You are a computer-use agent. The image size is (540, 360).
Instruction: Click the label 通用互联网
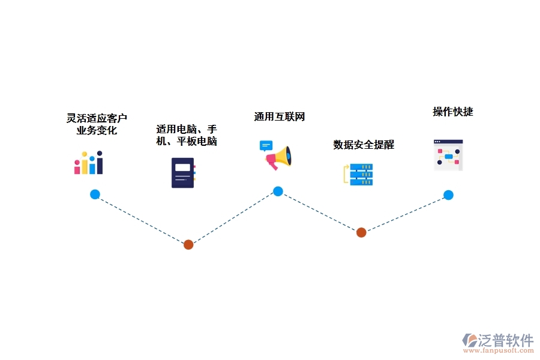point(280,117)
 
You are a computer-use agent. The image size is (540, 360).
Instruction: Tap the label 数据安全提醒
point(364,145)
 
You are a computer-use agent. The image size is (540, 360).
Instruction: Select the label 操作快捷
point(453,112)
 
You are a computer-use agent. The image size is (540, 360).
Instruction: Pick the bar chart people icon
point(89,163)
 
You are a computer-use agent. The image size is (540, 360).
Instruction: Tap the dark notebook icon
point(183,173)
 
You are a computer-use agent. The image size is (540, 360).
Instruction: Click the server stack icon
point(359,174)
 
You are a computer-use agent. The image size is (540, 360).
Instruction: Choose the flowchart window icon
point(448,155)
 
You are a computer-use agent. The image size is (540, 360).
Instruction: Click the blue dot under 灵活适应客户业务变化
point(95,194)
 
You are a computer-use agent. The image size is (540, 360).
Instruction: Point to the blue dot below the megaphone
point(278,191)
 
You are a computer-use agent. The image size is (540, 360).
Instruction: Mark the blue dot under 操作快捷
point(448,195)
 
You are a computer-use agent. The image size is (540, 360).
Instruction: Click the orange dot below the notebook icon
point(188,244)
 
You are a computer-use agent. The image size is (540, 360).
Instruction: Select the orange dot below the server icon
point(361,232)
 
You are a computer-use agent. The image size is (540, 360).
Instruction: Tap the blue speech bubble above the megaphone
point(266,145)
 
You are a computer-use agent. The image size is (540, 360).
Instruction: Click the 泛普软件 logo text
point(505,340)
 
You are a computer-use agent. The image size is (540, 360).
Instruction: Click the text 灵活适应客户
point(97,118)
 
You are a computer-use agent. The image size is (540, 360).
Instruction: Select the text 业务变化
point(97,130)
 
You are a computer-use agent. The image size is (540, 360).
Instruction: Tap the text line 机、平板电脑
point(186,142)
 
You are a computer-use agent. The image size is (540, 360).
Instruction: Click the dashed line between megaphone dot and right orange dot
point(319,212)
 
